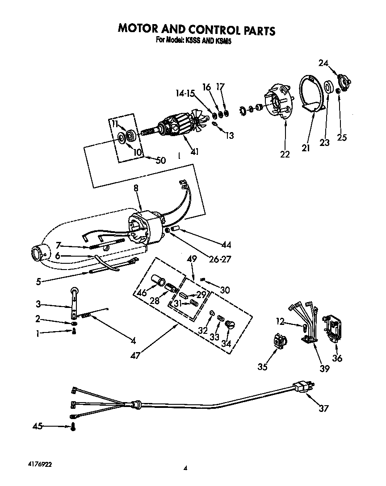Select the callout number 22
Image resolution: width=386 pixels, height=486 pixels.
click(x=285, y=154)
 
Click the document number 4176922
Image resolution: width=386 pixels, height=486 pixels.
click(x=35, y=464)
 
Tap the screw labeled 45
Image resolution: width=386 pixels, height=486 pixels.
click(x=73, y=427)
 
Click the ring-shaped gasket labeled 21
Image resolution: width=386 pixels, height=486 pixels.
click(x=312, y=95)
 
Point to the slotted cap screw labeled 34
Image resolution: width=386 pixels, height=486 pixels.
click(x=231, y=324)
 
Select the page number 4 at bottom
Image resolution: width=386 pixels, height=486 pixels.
click(x=185, y=468)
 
